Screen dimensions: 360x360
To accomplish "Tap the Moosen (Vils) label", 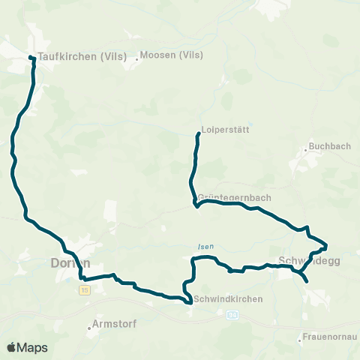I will (172, 55).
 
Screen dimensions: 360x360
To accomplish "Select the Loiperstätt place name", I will (225, 129).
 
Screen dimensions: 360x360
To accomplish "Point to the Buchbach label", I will (330, 146).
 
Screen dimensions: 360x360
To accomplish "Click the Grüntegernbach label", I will (233, 197).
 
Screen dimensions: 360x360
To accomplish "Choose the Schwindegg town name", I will (309, 262).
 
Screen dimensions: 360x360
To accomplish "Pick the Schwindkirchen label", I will (228, 299).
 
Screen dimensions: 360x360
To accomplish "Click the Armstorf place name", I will (112, 325).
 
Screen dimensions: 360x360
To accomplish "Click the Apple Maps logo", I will (27, 347).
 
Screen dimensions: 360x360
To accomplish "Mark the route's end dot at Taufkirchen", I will (31, 58).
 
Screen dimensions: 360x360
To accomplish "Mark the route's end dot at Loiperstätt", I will (198, 134).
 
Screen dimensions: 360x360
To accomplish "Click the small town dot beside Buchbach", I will (306, 151).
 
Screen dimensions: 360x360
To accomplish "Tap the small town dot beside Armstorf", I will (87, 325).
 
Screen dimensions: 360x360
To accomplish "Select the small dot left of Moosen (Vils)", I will (137, 56).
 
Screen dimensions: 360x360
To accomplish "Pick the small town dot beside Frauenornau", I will (299, 341).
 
